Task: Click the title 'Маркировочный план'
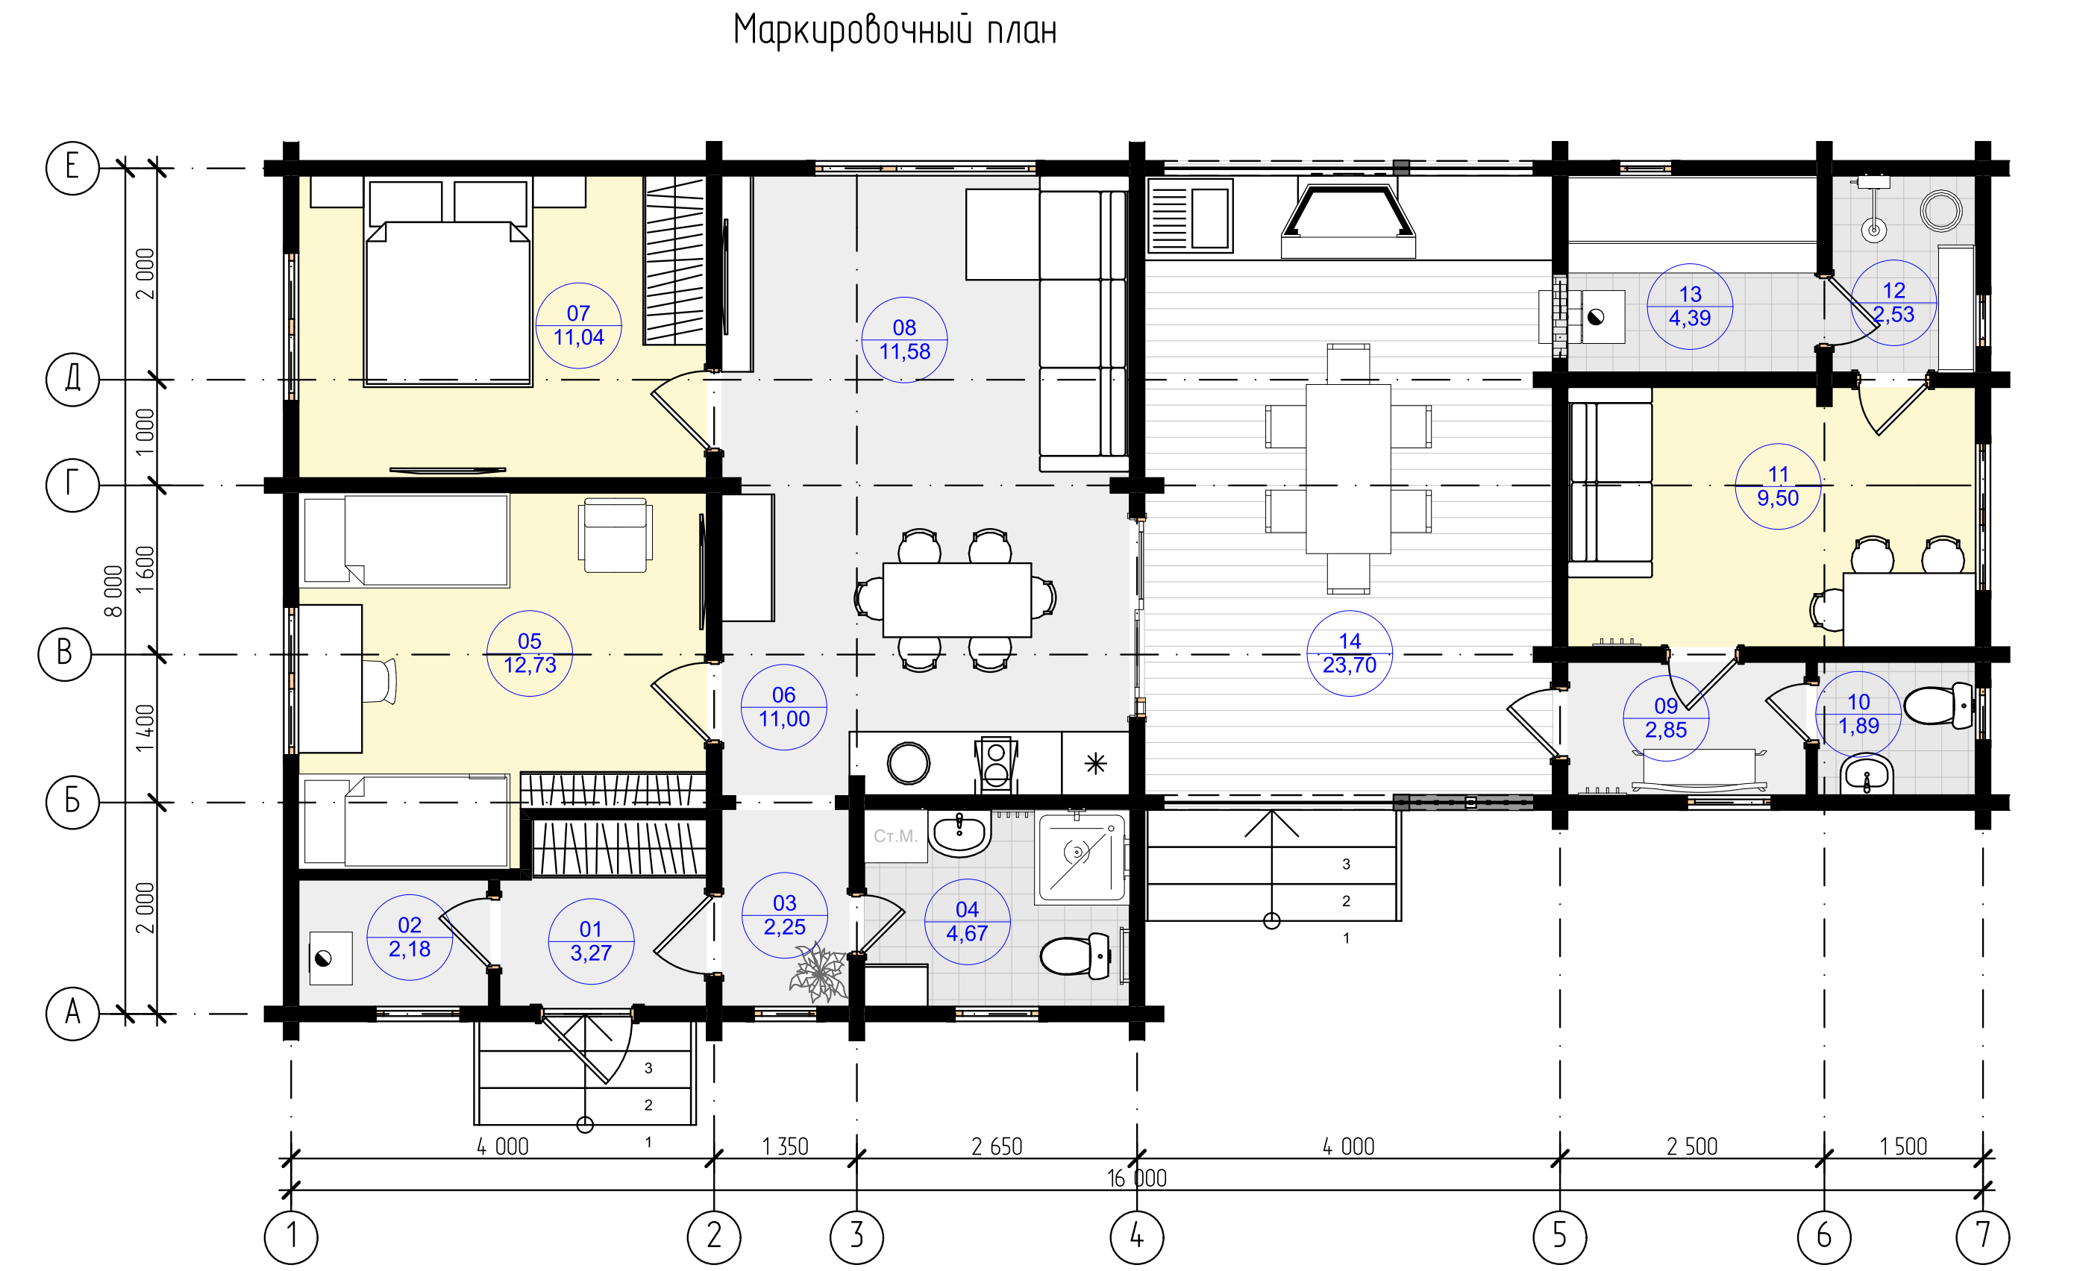coord(895,31)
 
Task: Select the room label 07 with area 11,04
coord(579,326)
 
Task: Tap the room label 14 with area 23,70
coord(1350,653)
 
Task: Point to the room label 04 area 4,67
coord(967,922)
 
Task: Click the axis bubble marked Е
coord(72,169)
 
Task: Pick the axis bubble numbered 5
coord(1560,1237)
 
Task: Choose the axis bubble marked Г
coord(72,486)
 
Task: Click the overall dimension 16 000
coord(1136,1179)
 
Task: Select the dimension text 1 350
coord(786,1146)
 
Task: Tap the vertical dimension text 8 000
coord(113,591)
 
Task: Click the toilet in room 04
coord(1076,955)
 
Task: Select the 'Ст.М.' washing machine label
coord(895,837)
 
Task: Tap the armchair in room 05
coord(615,536)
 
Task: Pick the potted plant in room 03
coord(819,975)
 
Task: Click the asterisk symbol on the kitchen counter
coord(1095,764)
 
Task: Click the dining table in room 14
coord(1348,469)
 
